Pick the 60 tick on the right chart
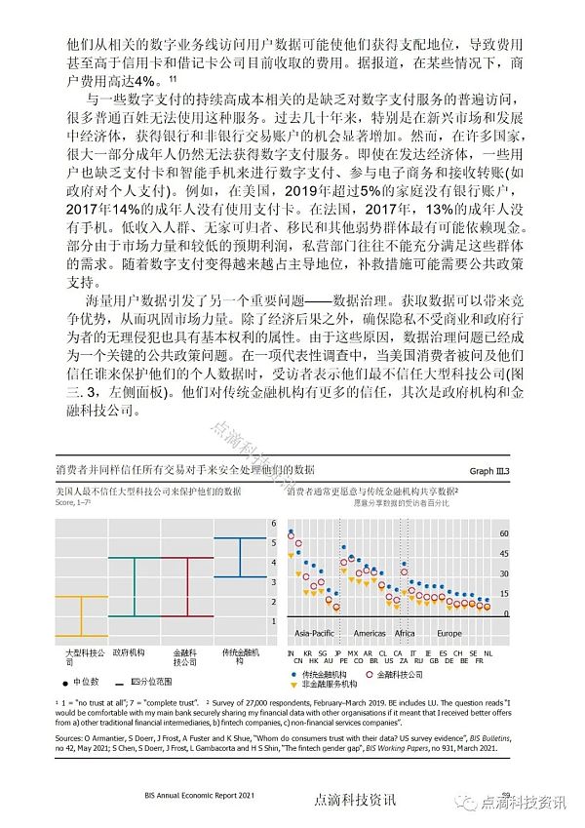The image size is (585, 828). (504, 534)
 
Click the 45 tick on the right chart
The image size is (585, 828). (504, 554)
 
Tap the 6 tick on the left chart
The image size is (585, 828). (274, 524)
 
